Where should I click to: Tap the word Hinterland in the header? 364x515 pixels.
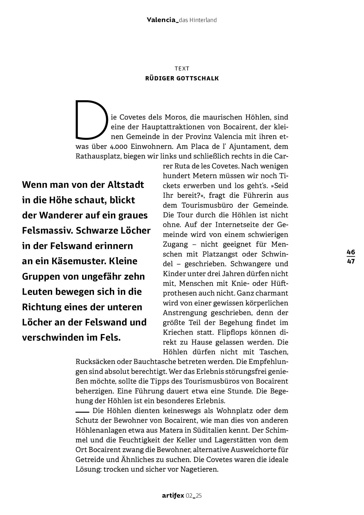[x=204, y=20]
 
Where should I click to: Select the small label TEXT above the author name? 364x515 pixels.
[x=182, y=68]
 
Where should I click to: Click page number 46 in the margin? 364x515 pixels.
[x=351, y=252]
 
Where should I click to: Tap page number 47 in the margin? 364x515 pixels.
[x=351, y=261]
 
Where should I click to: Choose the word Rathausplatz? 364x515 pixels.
[x=98, y=156]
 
